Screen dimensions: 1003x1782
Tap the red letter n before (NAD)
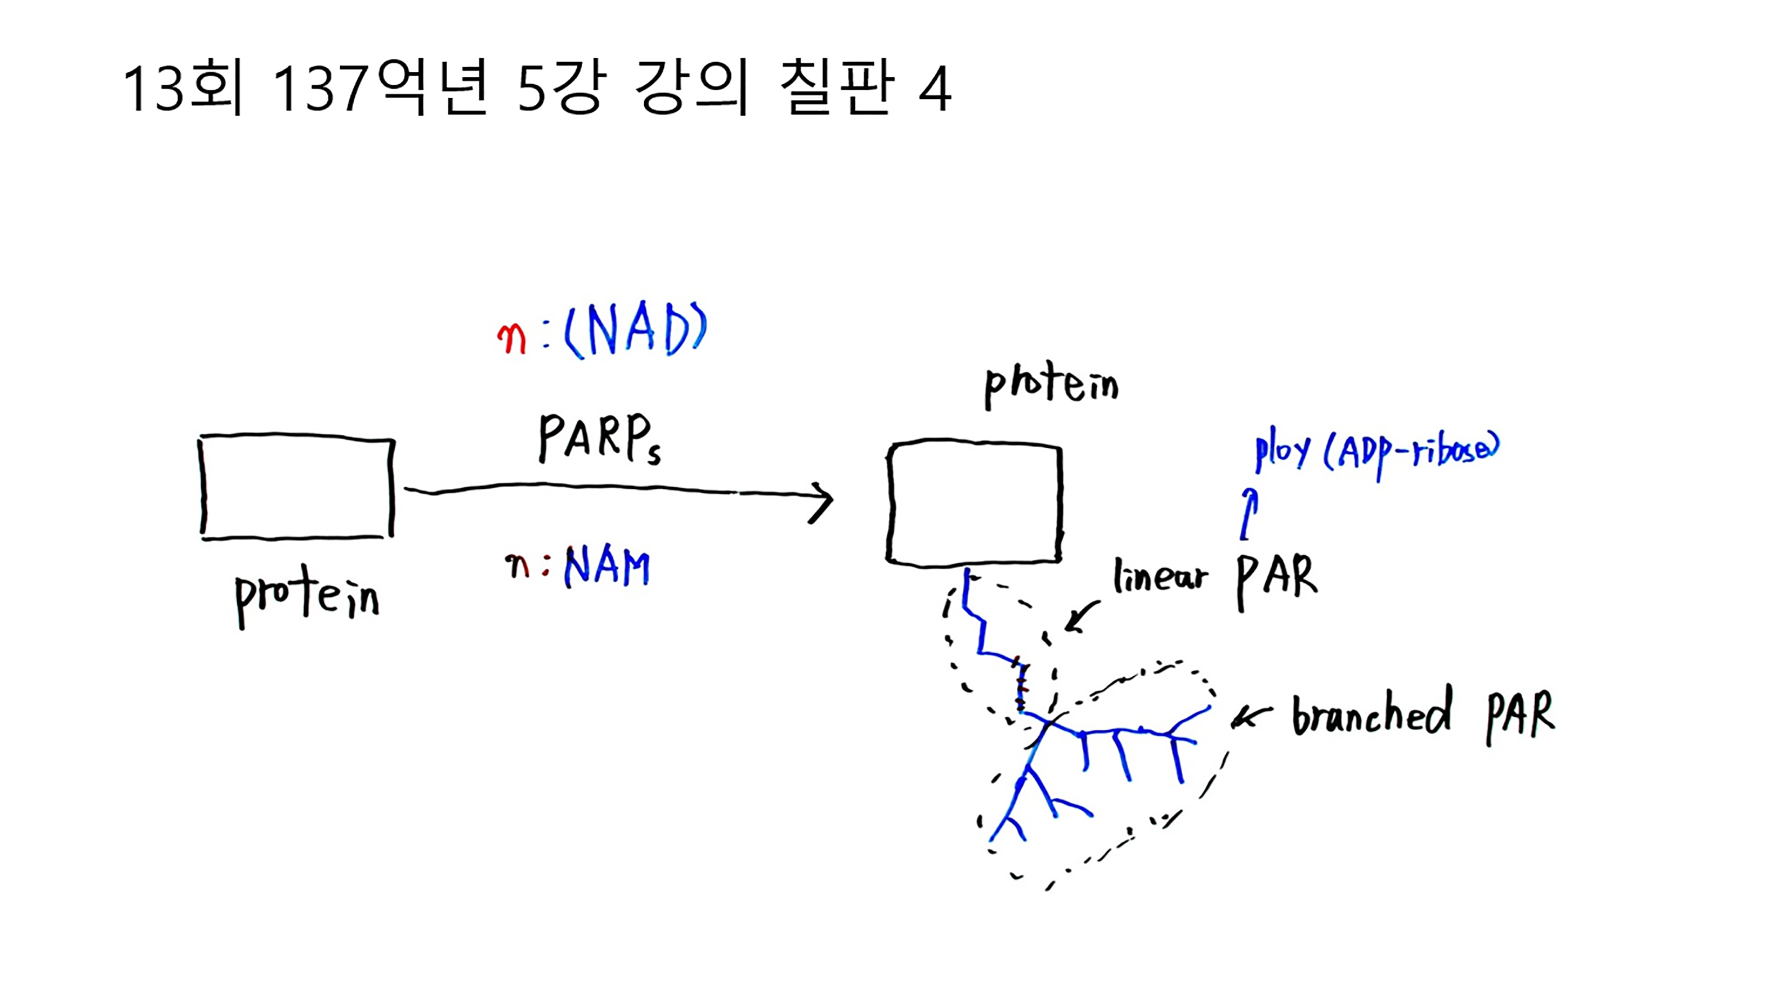pos(511,339)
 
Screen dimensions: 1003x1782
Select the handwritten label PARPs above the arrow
pos(599,439)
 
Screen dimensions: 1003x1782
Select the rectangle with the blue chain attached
pos(974,503)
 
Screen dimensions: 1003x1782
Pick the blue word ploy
pos(1282,453)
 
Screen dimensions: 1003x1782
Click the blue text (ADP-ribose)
pos(1411,453)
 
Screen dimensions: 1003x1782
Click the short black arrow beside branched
pos(1251,717)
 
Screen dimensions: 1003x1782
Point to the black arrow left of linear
pos(1081,616)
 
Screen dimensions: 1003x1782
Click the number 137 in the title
pos(319,89)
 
